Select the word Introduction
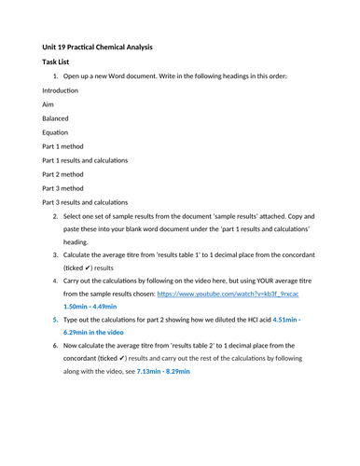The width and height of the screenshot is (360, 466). point(61,89)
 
